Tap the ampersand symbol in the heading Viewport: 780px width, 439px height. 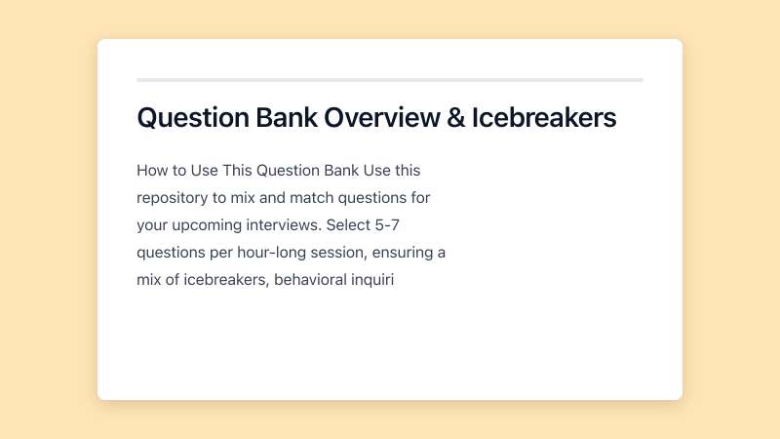pyautogui.click(x=454, y=118)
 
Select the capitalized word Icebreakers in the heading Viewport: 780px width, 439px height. pyautogui.click(x=544, y=118)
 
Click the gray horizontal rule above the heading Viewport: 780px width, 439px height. pyautogui.click(x=390, y=79)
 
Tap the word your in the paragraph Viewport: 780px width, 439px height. pyautogui.click(x=154, y=225)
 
